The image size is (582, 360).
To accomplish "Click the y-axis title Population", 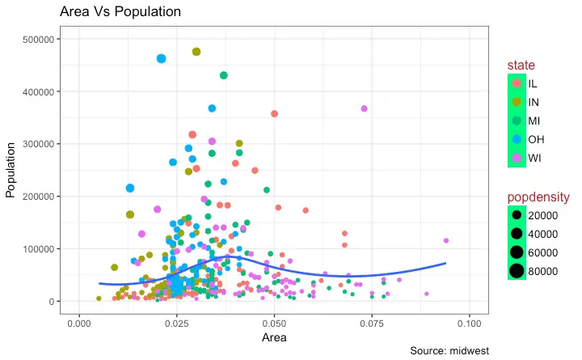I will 11,171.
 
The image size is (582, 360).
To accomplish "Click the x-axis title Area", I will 274,337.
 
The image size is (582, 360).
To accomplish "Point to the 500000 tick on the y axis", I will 38,40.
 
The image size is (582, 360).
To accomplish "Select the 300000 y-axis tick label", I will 38,144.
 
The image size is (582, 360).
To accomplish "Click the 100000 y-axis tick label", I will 38,249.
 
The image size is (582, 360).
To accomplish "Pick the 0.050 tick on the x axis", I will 274,323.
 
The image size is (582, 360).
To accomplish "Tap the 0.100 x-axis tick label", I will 470,323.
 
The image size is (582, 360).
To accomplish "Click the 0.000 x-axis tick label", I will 78,323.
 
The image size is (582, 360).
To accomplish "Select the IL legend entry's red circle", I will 517,83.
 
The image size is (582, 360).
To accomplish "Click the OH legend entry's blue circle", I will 517,139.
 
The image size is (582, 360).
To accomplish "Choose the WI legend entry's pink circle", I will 517,158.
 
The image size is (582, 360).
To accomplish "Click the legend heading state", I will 521,65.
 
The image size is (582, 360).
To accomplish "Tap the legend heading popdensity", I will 538,197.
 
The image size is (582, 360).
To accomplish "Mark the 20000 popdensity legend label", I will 542,215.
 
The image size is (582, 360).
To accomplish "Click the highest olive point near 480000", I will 196,51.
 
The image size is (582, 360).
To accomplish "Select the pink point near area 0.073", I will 365,108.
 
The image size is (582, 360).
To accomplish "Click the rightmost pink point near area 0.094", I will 446,240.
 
